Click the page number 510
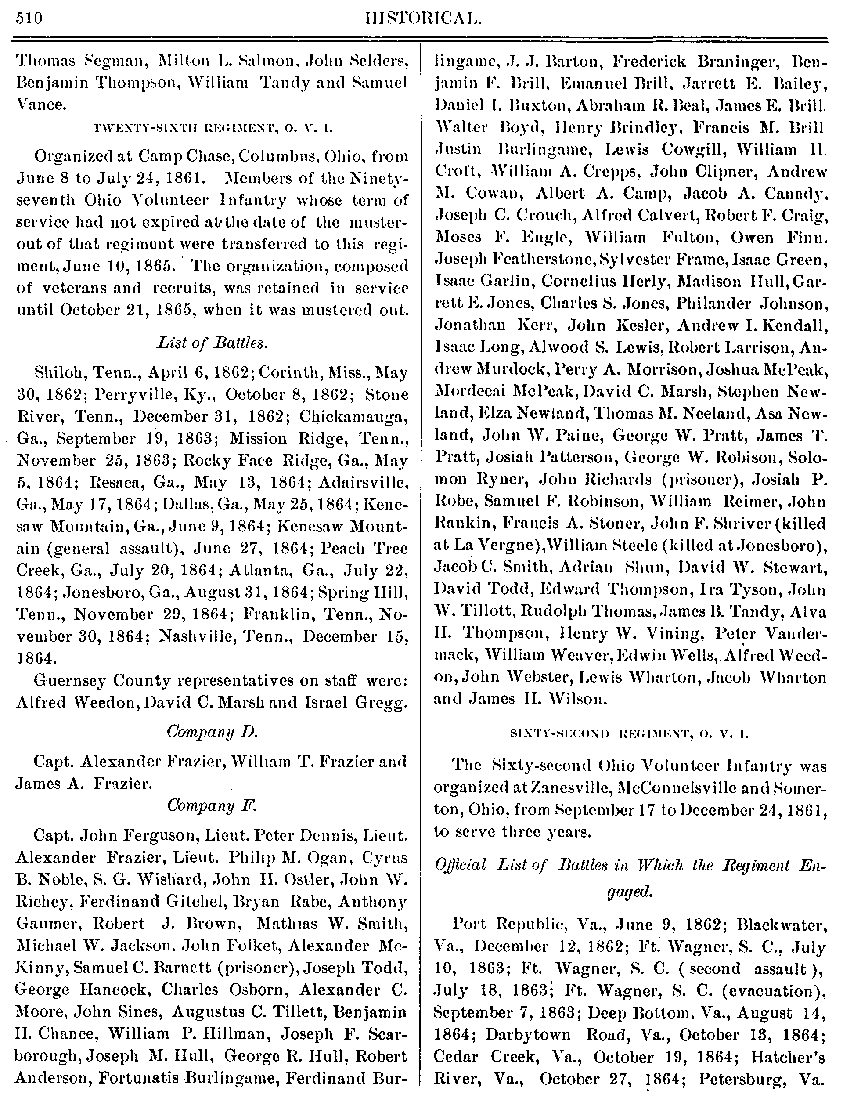29,18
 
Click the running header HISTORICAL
421,18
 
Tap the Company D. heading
212,732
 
